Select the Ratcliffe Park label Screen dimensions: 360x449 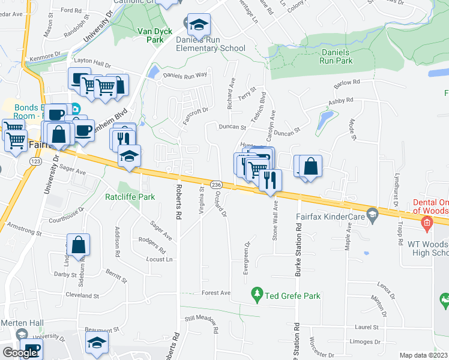pos(130,197)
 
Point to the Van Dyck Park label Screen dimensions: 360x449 pos(150,35)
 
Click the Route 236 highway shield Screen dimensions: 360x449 pos(217,184)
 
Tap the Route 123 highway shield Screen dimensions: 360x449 pos(34,162)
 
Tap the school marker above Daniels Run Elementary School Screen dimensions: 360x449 pos(199,25)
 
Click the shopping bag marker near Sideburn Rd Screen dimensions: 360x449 pos(79,245)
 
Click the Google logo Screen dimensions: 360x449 pos(20,353)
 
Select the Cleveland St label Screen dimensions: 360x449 pos(82,296)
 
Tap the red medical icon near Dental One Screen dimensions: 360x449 pos(427,225)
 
